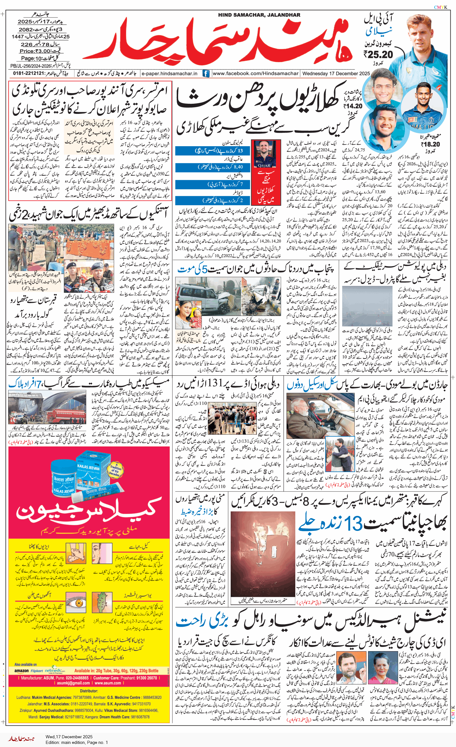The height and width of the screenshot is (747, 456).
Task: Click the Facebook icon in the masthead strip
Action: pyautogui.click(x=206, y=73)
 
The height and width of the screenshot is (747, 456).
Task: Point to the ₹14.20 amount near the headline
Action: pyautogui.click(x=353, y=106)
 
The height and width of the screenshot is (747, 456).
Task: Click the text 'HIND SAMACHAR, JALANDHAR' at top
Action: pyautogui.click(x=259, y=15)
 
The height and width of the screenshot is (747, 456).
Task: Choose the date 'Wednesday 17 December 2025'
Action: pyautogui.click(x=336, y=73)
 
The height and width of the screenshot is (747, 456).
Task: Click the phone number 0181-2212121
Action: pyautogui.click(x=28, y=73)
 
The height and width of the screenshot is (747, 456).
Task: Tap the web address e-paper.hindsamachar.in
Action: pyautogui.click(x=170, y=73)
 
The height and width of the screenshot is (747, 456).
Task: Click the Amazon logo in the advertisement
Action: pyautogui.click(x=22, y=671)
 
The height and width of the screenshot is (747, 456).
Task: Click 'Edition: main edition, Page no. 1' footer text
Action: pyautogui.click(x=77, y=742)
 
